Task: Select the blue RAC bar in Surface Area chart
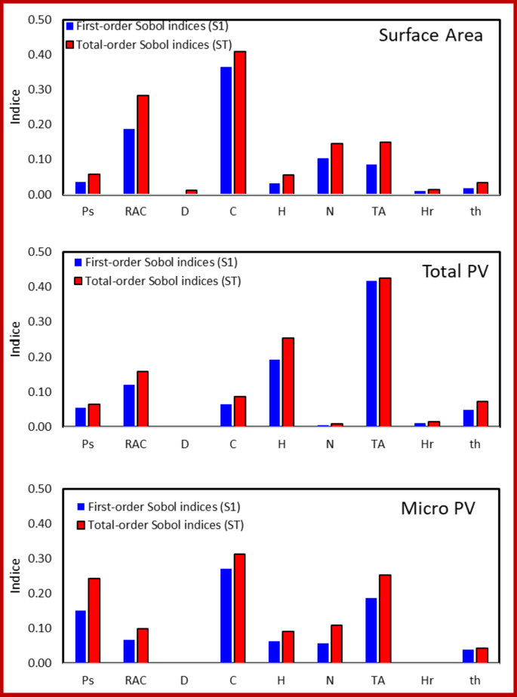[129, 161]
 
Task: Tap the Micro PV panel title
[438, 508]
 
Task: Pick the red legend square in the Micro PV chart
[80, 524]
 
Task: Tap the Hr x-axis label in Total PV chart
[426, 444]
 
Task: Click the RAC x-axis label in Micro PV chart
[136, 680]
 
